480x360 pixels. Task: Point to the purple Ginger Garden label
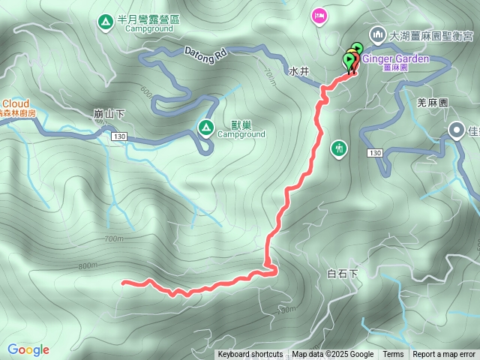pyautogui.click(x=395, y=58)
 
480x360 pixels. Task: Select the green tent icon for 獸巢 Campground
pyautogui.click(x=205, y=128)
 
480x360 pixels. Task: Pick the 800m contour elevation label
pyautogui.click(x=87, y=265)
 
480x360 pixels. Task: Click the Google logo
pyautogui.click(x=28, y=349)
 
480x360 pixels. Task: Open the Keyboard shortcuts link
pyautogui.click(x=250, y=355)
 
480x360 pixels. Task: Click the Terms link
pyautogui.click(x=393, y=355)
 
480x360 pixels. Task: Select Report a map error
pyautogui.click(x=444, y=355)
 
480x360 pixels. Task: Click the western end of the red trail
pyautogui.click(x=123, y=283)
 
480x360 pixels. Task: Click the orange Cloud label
pyautogui.click(x=15, y=103)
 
